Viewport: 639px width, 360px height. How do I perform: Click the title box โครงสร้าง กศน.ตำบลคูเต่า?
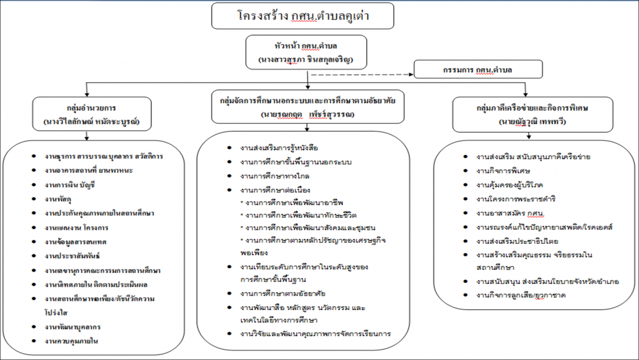click(302, 16)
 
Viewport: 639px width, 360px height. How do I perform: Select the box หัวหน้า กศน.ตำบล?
click(306, 52)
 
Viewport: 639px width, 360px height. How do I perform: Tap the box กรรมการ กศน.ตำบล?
click(478, 69)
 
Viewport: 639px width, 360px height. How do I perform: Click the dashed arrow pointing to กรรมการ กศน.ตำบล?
click(362, 75)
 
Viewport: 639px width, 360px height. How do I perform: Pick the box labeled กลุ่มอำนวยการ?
click(92, 114)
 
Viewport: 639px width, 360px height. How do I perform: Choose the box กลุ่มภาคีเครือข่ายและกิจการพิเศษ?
click(532, 114)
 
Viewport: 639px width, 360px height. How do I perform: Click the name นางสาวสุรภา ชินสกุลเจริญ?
click(306, 60)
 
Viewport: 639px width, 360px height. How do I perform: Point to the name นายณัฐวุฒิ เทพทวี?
click(532, 122)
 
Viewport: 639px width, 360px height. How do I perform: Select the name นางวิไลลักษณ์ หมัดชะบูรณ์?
click(92, 122)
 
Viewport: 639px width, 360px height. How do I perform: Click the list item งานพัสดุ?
click(58, 199)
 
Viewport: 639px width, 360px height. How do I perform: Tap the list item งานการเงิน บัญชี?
click(70, 185)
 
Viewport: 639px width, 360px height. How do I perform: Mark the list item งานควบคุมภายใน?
click(71, 341)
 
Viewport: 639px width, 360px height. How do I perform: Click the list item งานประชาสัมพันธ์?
click(72, 256)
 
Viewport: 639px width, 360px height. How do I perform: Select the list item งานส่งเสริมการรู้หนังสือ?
click(279, 148)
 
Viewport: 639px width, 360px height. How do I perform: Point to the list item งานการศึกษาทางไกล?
click(275, 176)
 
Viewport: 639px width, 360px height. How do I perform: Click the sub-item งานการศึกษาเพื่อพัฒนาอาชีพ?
click(292, 203)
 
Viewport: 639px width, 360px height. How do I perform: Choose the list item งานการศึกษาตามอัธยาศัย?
click(283, 293)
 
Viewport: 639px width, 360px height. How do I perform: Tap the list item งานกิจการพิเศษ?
click(503, 171)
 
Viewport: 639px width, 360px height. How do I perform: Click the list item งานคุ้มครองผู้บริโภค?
click(510, 185)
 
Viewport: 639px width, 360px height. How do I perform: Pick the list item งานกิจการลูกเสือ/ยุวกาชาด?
click(521, 295)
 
